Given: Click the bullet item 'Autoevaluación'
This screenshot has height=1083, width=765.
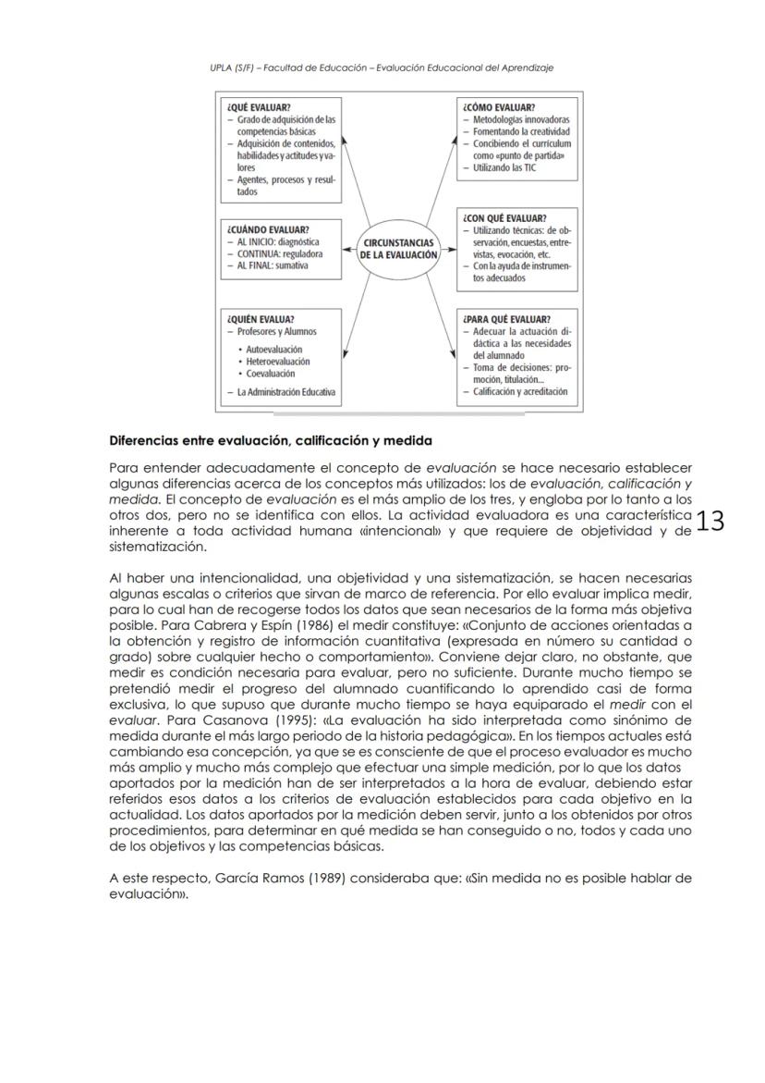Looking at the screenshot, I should pyautogui.click(x=273, y=351).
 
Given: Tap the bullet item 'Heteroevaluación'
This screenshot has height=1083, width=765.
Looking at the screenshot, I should pyautogui.click(x=278, y=362).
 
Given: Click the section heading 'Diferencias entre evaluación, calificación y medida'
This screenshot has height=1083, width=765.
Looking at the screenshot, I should pyautogui.click(x=271, y=440).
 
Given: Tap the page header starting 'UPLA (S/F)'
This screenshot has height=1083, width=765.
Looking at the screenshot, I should pyautogui.click(x=382, y=68).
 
